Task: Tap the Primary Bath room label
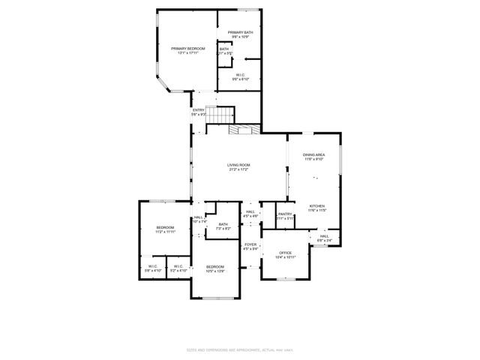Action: point(241,34)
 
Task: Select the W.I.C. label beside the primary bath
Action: point(240,76)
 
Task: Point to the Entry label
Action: point(198,112)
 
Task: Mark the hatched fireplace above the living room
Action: point(244,129)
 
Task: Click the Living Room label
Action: point(239,166)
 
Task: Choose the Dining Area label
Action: point(313,156)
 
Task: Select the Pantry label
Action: point(285,216)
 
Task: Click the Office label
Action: point(285,255)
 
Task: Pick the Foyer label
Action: point(250,247)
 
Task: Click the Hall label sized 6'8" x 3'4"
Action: point(324,238)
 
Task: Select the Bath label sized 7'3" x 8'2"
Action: point(223,226)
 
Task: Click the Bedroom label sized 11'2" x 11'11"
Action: point(165,229)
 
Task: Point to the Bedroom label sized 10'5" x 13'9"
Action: point(215,268)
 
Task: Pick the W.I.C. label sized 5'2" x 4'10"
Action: point(178,268)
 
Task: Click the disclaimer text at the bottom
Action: point(239,349)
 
